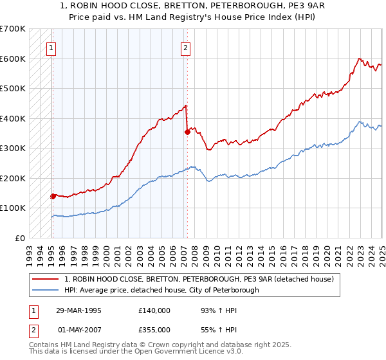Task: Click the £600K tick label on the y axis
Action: [x=12, y=59]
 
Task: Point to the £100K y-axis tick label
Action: [x=12, y=208]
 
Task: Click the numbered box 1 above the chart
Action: [x=51, y=47]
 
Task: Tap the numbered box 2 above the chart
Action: [x=185, y=47]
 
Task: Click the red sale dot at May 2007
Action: [x=187, y=132]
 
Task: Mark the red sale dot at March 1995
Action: [x=53, y=196]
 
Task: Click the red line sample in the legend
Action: [x=46, y=280]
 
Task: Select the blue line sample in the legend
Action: [x=46, y=290]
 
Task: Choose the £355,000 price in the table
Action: [x=154, y=329]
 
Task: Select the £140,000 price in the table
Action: [x=154, y=310]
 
